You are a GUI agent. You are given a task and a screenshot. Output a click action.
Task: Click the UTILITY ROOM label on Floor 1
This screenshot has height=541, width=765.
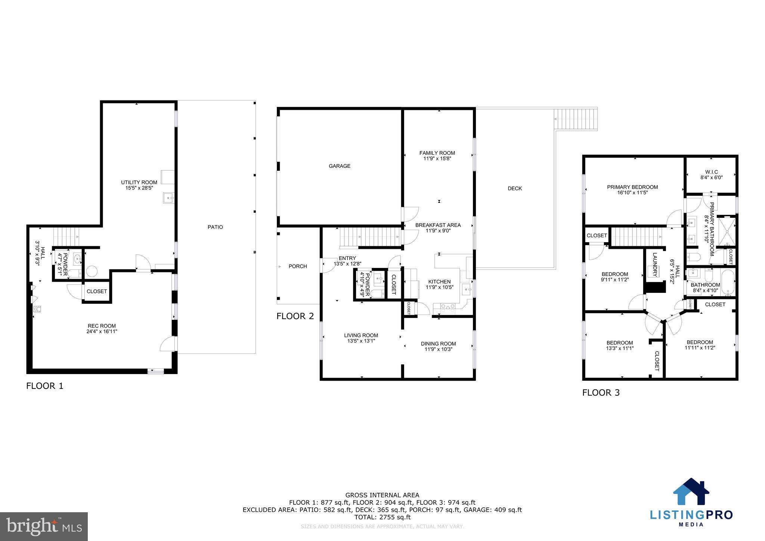pyautogui.click(x=139, y=182)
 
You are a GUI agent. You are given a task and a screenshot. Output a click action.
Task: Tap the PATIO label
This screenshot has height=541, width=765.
pyautogui.click(x=215, y=227)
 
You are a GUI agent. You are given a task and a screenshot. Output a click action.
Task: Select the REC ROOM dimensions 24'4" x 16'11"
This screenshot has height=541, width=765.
pyautogui.click(x=102, y=331)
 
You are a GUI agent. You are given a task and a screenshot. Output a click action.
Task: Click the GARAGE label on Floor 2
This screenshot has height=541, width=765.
pyautogui.click(x=339, y=166)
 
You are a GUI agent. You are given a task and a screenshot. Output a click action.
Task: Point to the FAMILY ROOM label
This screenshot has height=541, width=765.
pyautogui.click(x=437, y=153)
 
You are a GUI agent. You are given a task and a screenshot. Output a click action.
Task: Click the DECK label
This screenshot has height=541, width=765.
pyautogui.click(x=514, y=189)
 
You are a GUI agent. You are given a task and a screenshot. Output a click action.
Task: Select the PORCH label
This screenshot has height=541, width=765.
pyautogui.click(x=298, y=266)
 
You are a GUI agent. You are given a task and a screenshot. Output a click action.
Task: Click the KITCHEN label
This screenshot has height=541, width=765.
pyautogui.click(x=439, y=282)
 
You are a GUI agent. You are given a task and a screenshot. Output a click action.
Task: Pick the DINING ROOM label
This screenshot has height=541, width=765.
pyautogui.click(x=438, y=344)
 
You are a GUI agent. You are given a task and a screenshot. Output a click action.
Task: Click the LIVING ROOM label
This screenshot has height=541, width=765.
pyautogui.click(x=361, y=336)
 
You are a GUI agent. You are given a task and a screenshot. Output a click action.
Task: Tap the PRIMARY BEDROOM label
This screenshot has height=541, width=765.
pyautogui.click(x=632, y=187)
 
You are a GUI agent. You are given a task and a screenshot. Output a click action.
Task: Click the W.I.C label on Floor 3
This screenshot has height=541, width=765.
pyautogui.click(x=711, y=172)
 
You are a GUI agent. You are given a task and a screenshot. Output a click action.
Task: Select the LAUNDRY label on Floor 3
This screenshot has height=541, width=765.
pyautogui.click(x=655, y=265)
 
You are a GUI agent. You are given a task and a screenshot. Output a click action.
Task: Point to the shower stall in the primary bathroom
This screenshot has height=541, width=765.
pyautogui.click(x=727, y=232)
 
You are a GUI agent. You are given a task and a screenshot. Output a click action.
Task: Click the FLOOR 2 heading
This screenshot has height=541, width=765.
pyautogui.click(x=295, y=316)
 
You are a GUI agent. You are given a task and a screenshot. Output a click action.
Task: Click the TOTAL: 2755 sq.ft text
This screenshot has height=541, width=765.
pyautogui.click(x=382, y=517)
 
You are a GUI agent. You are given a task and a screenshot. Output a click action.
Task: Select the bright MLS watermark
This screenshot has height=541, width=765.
pyautogui.click(x=44, y=526)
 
